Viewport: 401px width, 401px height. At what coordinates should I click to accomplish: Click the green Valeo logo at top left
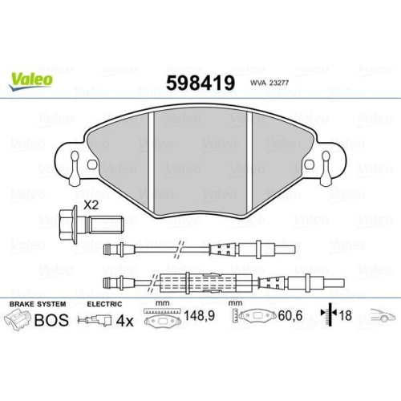pyautogui.click(x=32, y=78)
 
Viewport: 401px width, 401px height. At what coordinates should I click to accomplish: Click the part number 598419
pyautogui.click(x=199, y=83)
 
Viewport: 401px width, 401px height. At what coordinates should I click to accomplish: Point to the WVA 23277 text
pyautogui.click(x=268, y=83)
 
